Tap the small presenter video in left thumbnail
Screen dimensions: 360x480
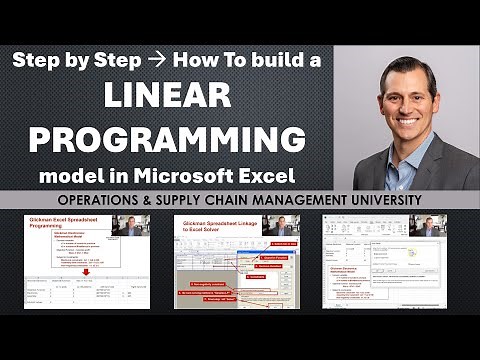(x=129, y=225)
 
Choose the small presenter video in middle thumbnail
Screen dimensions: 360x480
(x=282, y=225)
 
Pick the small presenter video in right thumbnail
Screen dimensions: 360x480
(x=427, y=225)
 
